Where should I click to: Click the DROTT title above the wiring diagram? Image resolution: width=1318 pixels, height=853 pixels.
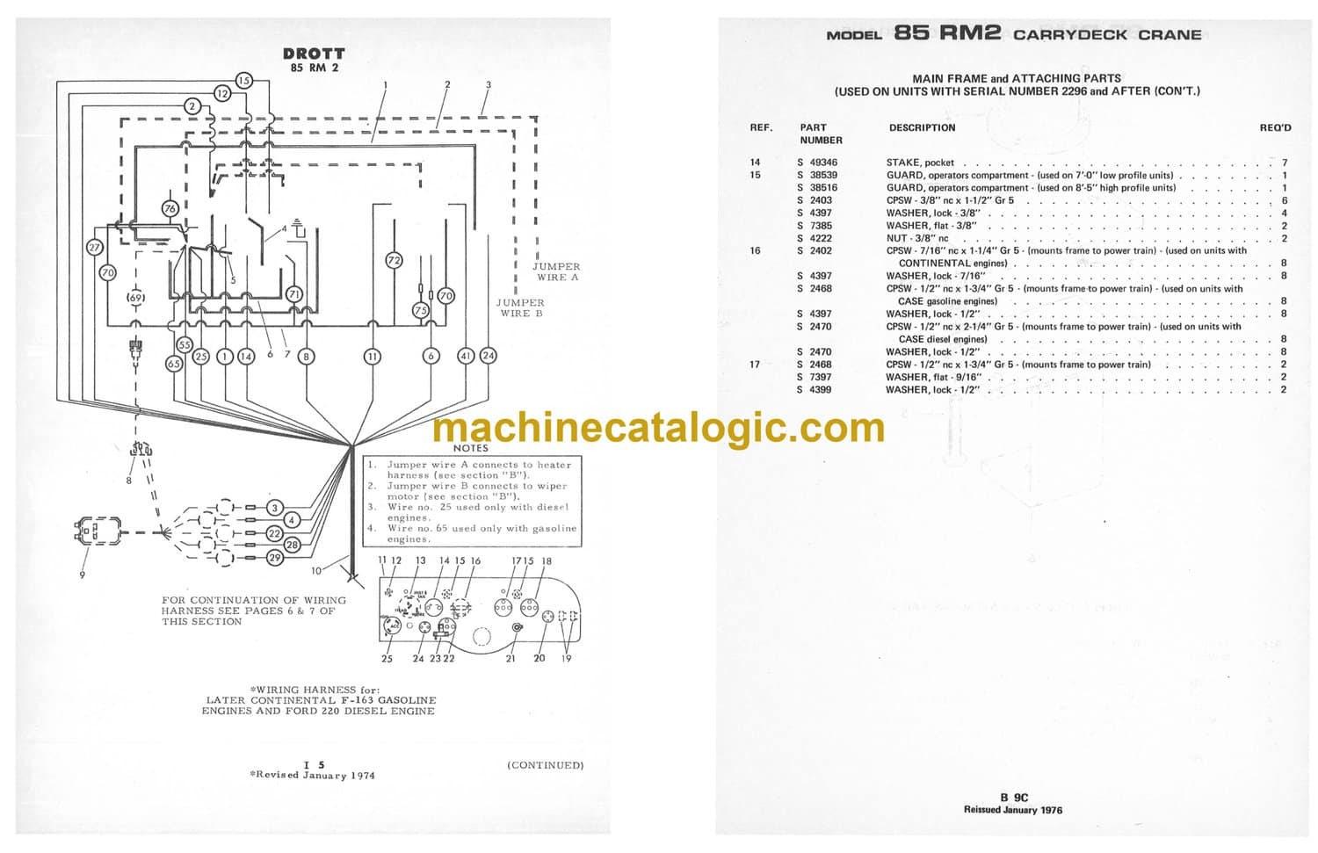(314, 54)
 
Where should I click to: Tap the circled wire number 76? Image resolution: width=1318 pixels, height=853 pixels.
(170, 208)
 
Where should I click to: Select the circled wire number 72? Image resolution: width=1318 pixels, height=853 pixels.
(394, 260)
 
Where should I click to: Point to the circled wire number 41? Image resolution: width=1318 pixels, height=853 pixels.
(466, 356)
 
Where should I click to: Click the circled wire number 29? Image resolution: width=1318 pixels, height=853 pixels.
(275, 558)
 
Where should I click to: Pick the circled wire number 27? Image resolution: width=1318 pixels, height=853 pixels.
(94, 248)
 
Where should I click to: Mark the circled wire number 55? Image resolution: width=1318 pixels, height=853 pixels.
(185, 345)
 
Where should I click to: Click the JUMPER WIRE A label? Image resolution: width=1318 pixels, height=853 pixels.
(556, 271)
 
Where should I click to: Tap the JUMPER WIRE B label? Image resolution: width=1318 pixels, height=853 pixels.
(520, 307)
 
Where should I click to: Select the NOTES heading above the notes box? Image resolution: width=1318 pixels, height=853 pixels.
(471, 448)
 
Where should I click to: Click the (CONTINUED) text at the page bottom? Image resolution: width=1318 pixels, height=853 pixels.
(545, 765)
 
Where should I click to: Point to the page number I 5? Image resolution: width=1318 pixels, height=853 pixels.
(314, 765)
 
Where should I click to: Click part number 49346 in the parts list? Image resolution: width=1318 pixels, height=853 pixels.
(822, 163)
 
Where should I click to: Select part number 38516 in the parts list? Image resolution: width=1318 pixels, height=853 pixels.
(822, 188)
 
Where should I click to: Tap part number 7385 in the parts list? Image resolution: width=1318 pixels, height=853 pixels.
(820, 226)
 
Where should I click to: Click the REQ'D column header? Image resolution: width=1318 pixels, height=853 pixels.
(1275, 127)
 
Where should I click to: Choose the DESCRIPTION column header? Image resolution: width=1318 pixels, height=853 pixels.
(922, 127)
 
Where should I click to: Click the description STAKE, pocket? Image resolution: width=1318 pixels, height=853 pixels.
(920, 163)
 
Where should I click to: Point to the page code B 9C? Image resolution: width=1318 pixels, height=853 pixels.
(1013, 798)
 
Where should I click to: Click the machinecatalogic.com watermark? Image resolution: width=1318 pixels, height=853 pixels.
(659, 428)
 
